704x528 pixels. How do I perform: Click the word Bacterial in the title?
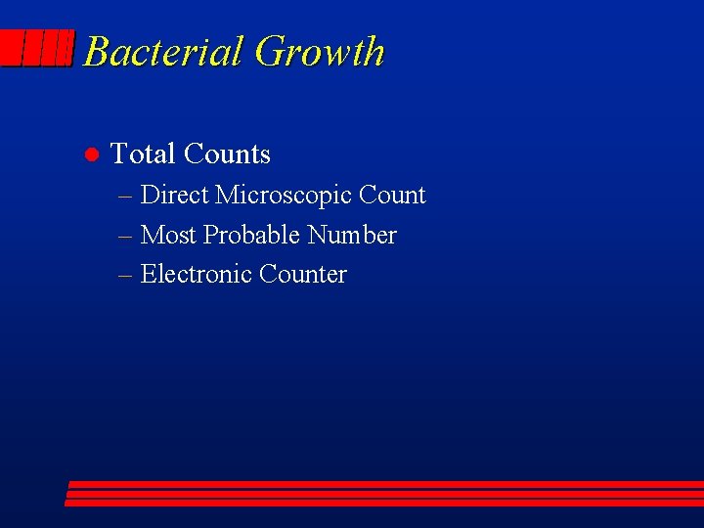point(163,52)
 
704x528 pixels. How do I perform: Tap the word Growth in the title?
point(320,52)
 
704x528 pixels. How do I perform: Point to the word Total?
point(143,154)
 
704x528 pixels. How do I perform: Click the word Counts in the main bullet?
point(227,154)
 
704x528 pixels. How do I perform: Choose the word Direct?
point(174,196)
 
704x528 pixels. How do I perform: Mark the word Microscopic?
point(283,197)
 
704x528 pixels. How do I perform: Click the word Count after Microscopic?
point(392,196)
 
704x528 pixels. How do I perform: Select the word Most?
point(168,236)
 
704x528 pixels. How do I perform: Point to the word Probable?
point(251,236)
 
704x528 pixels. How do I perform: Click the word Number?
point(352,236)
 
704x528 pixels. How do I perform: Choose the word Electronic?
point(196,275)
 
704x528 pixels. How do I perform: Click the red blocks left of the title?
point(37,48)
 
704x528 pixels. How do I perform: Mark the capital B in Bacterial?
point(96,52)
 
